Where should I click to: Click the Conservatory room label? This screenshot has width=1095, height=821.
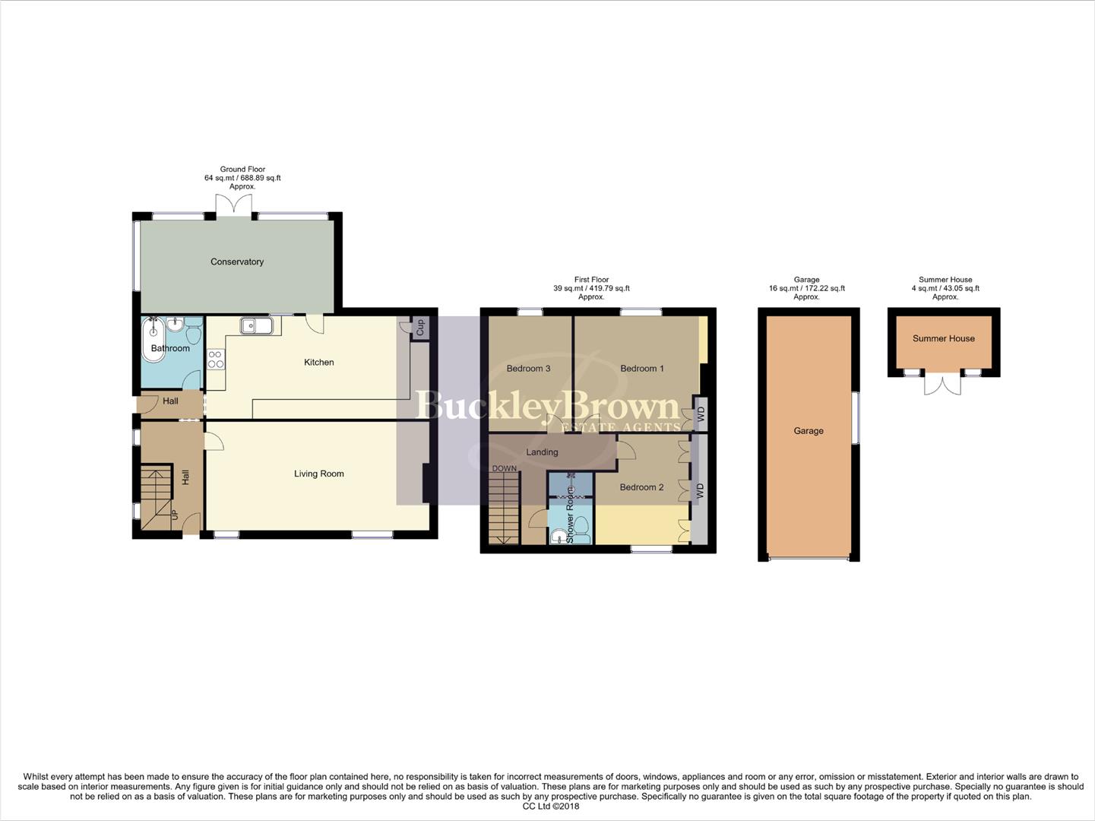(237, 262)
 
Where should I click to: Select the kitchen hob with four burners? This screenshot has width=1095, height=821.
(216, 360)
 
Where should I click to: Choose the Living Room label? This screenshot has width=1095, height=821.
(319, 474)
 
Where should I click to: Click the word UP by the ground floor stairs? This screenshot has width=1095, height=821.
(175, 515)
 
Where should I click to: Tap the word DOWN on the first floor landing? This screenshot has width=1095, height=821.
(504, 468)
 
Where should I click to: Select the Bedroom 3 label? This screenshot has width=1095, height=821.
(528, 369)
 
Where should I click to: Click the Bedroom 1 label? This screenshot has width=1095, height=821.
(642, 369)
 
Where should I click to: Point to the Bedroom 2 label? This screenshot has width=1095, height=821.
(641, 487)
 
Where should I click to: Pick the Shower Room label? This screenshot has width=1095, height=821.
(570, 518)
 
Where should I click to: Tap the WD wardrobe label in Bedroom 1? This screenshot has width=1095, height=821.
(701, 414)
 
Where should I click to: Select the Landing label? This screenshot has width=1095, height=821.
(542, 452)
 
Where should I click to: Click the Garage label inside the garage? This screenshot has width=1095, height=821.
(809, 431)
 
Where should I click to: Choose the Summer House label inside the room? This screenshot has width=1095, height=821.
(944, 338)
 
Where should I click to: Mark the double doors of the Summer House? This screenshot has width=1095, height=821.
(943, 383)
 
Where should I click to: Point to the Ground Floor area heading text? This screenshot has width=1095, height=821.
(242, 170)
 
